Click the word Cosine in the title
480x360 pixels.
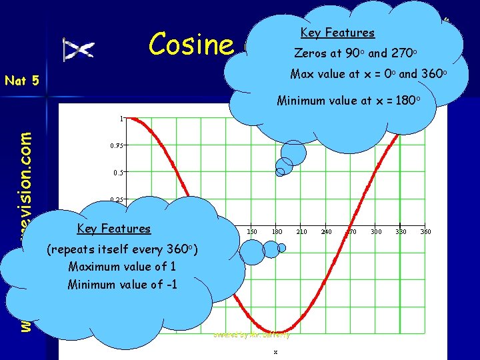coord(191,44)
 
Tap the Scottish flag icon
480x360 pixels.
coord(79,49)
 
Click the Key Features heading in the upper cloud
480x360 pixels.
coord(337,33)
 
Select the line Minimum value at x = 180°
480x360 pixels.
coord(349,101)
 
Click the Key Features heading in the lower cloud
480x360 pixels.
coord(114,229)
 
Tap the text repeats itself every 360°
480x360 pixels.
coord(122,250)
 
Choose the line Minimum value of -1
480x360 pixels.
coord(122,285)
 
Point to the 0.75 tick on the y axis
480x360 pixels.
coord(117,145)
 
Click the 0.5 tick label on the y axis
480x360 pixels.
coord(118,172)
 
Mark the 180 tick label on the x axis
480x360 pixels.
coord(277,231)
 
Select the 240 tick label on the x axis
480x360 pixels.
coord(327,231)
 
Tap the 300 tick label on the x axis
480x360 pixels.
coord(377,231)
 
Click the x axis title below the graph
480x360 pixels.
coord(275,351)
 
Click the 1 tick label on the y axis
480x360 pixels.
coord(121,119)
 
